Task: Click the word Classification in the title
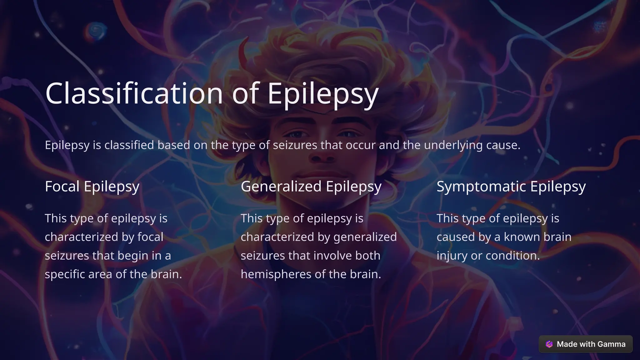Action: click(x=134, y=93)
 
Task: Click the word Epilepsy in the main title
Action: click(x=323, y=93)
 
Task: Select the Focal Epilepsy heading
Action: click(x=92, y=186)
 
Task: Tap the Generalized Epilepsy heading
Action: click(x=311, y=186)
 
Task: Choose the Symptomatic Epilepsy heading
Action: click(x=511, y=186)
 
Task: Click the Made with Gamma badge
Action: click(x=586, y=344)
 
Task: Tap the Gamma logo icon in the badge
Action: click(x=549, y=344)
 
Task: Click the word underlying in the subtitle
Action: click(x=453, y=145)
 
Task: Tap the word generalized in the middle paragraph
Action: click(x=365, y=237)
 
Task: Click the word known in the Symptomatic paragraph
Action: click(x=522, y=237)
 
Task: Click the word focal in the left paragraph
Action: click(x=150, y=237)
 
